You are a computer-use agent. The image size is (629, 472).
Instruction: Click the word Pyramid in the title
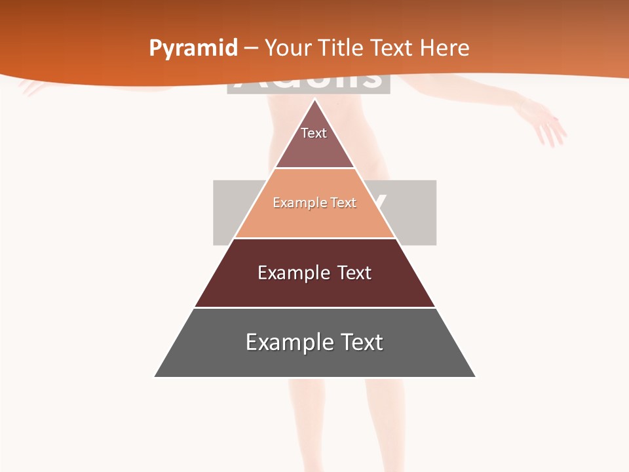tap(193, 49)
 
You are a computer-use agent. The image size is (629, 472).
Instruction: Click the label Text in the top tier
tap(314, 133)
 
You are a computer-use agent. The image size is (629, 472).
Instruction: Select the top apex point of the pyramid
tap(315, 100)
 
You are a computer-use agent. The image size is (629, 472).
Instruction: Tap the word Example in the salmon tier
tap(294, 203)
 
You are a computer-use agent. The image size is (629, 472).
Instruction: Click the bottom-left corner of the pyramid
tap(155, 376)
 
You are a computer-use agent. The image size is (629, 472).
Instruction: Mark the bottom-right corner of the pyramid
tap(475, 376)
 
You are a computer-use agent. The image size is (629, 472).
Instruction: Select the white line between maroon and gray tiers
tap(314, 307)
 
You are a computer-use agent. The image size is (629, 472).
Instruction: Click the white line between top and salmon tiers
tap(314, 168)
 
